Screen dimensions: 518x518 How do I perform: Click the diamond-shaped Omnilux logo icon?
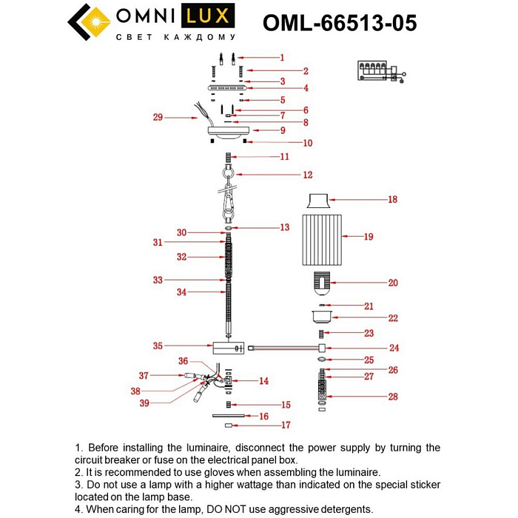point(89,22)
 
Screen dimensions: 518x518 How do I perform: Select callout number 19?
point(368,237)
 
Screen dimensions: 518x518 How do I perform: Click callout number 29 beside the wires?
point(158,117)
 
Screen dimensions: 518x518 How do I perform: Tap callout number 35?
point(158,346)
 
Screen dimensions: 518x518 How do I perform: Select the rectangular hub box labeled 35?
point(227,347)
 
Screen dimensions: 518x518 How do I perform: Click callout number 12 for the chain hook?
point(286,175)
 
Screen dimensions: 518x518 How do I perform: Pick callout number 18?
point(392,199)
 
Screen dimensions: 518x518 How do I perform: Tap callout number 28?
point(392,397)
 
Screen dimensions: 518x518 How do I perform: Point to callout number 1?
point(281,57)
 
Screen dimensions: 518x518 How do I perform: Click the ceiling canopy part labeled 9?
point(229,132)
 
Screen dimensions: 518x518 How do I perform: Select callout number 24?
point(394,347)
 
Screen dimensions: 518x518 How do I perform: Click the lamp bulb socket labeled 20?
point(320,282)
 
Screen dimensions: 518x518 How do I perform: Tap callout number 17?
point(286,425)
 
